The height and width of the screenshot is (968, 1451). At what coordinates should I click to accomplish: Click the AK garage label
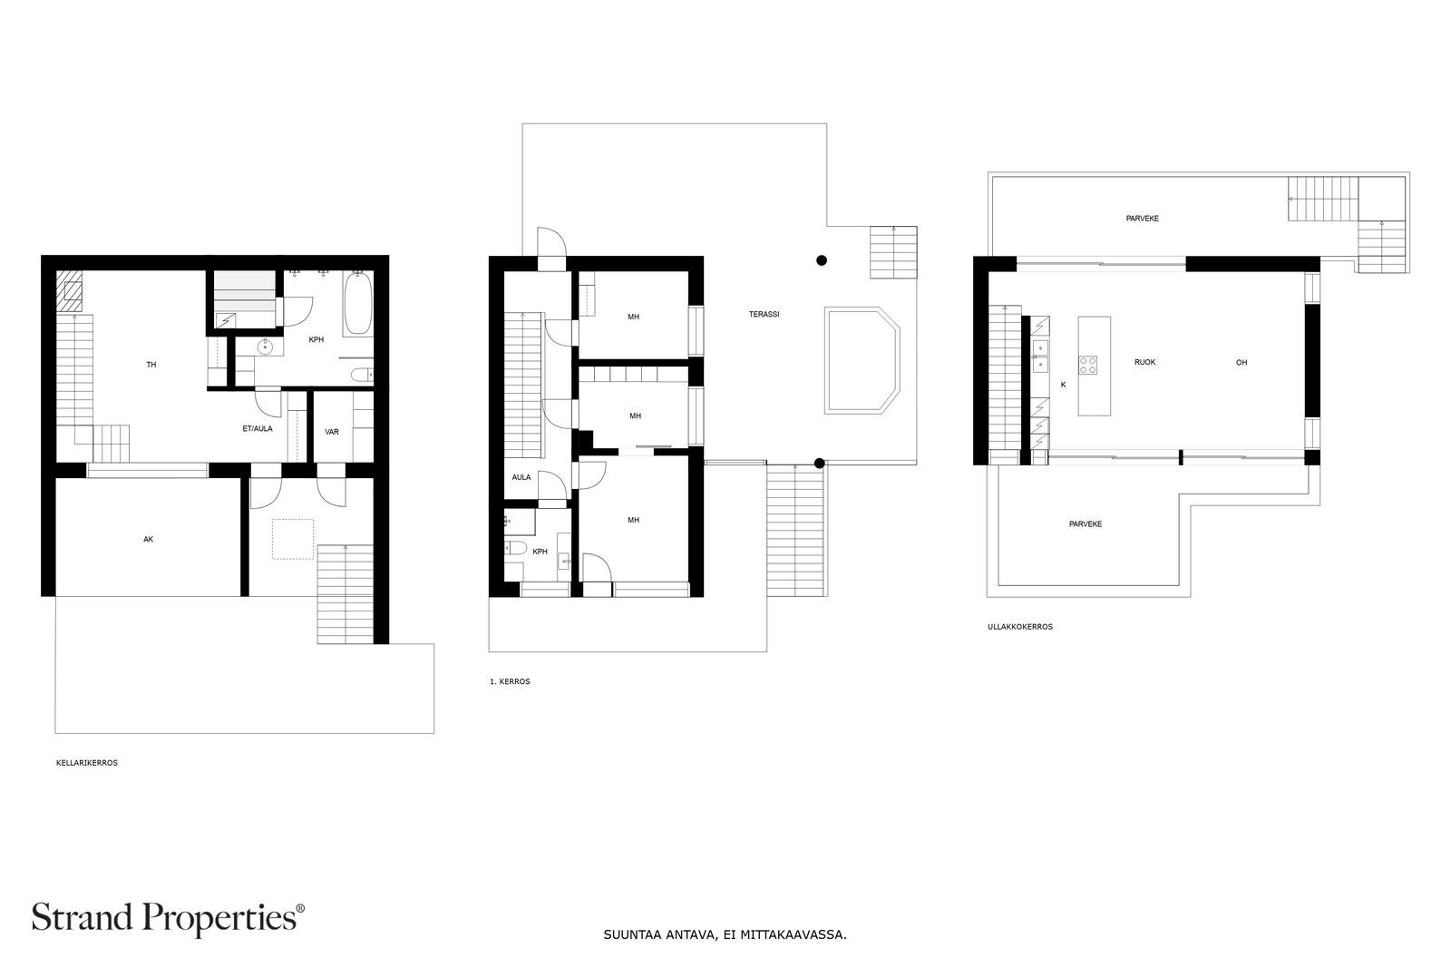coord(149,539)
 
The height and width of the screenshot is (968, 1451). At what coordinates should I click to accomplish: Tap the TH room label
coord(151,365)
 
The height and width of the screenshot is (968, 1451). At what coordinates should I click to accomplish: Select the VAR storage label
coord(332,432)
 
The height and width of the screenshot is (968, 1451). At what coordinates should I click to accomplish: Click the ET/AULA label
coord(258,428)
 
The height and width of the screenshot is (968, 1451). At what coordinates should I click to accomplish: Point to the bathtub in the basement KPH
coord(357,304)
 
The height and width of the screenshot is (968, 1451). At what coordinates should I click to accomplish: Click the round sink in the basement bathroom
coord(266,347)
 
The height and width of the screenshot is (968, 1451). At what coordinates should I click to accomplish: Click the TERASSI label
coord(764,314)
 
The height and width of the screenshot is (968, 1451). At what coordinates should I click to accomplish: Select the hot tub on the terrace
coord(862,360)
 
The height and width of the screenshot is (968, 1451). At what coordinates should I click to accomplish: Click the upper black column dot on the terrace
coord(822,260)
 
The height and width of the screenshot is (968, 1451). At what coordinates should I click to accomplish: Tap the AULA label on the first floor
coord(521,477)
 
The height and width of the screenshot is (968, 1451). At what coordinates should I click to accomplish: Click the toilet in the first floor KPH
coord(516,548)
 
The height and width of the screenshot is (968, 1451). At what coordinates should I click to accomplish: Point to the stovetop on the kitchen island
coord(1087,366)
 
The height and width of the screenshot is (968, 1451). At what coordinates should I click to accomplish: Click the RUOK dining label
coord(1144,362)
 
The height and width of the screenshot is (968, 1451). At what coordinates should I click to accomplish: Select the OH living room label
coord(1242,362)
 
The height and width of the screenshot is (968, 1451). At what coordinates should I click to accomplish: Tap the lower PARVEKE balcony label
coord(1085,524)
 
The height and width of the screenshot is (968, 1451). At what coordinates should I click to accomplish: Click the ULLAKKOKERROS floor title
coord(1019,627)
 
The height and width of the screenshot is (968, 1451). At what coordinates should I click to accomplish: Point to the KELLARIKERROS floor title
coord(87,763)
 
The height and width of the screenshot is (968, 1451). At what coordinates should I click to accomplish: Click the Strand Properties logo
coord(167,918)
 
